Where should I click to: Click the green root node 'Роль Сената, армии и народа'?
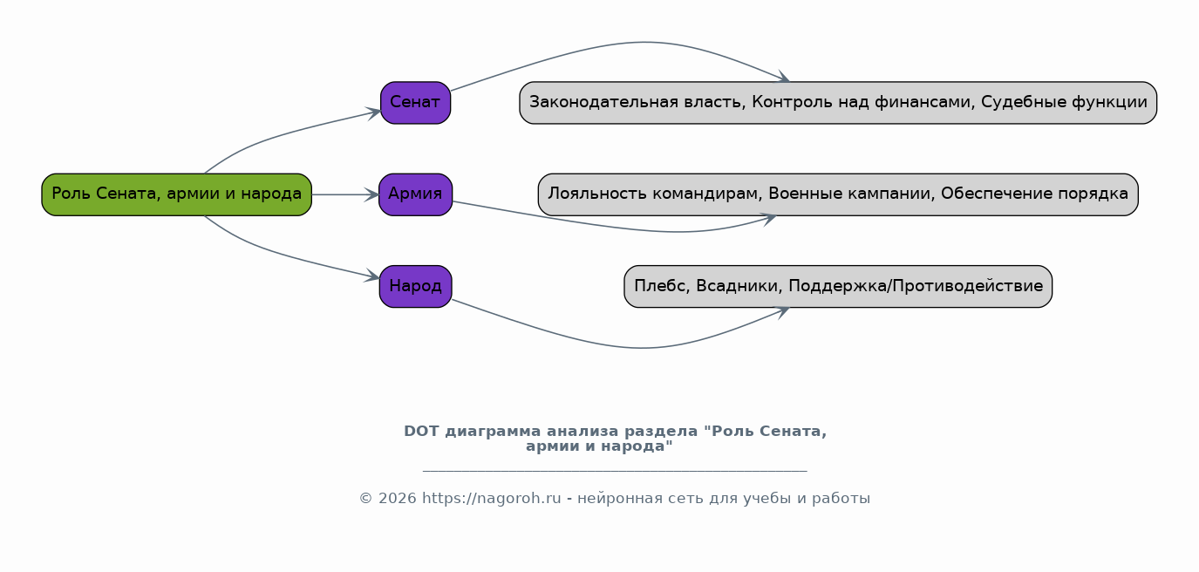coord(177,194)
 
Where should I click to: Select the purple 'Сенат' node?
coord(415,103)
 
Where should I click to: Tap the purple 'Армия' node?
coord(415,194)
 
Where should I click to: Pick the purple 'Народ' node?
coord(415,286)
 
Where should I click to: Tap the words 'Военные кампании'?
coord(852,194)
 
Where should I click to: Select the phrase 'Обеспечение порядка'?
coord(1035,194)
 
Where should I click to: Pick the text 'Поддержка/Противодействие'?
coord(916,286)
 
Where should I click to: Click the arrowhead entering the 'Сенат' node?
coord(372,112)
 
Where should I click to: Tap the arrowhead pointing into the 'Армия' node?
coord(371,194)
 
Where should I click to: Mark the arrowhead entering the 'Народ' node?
coord(372,276)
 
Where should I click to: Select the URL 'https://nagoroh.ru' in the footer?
coord(492,499)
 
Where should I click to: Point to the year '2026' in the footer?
coord(397,499)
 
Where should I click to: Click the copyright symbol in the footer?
coord(365,499)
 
